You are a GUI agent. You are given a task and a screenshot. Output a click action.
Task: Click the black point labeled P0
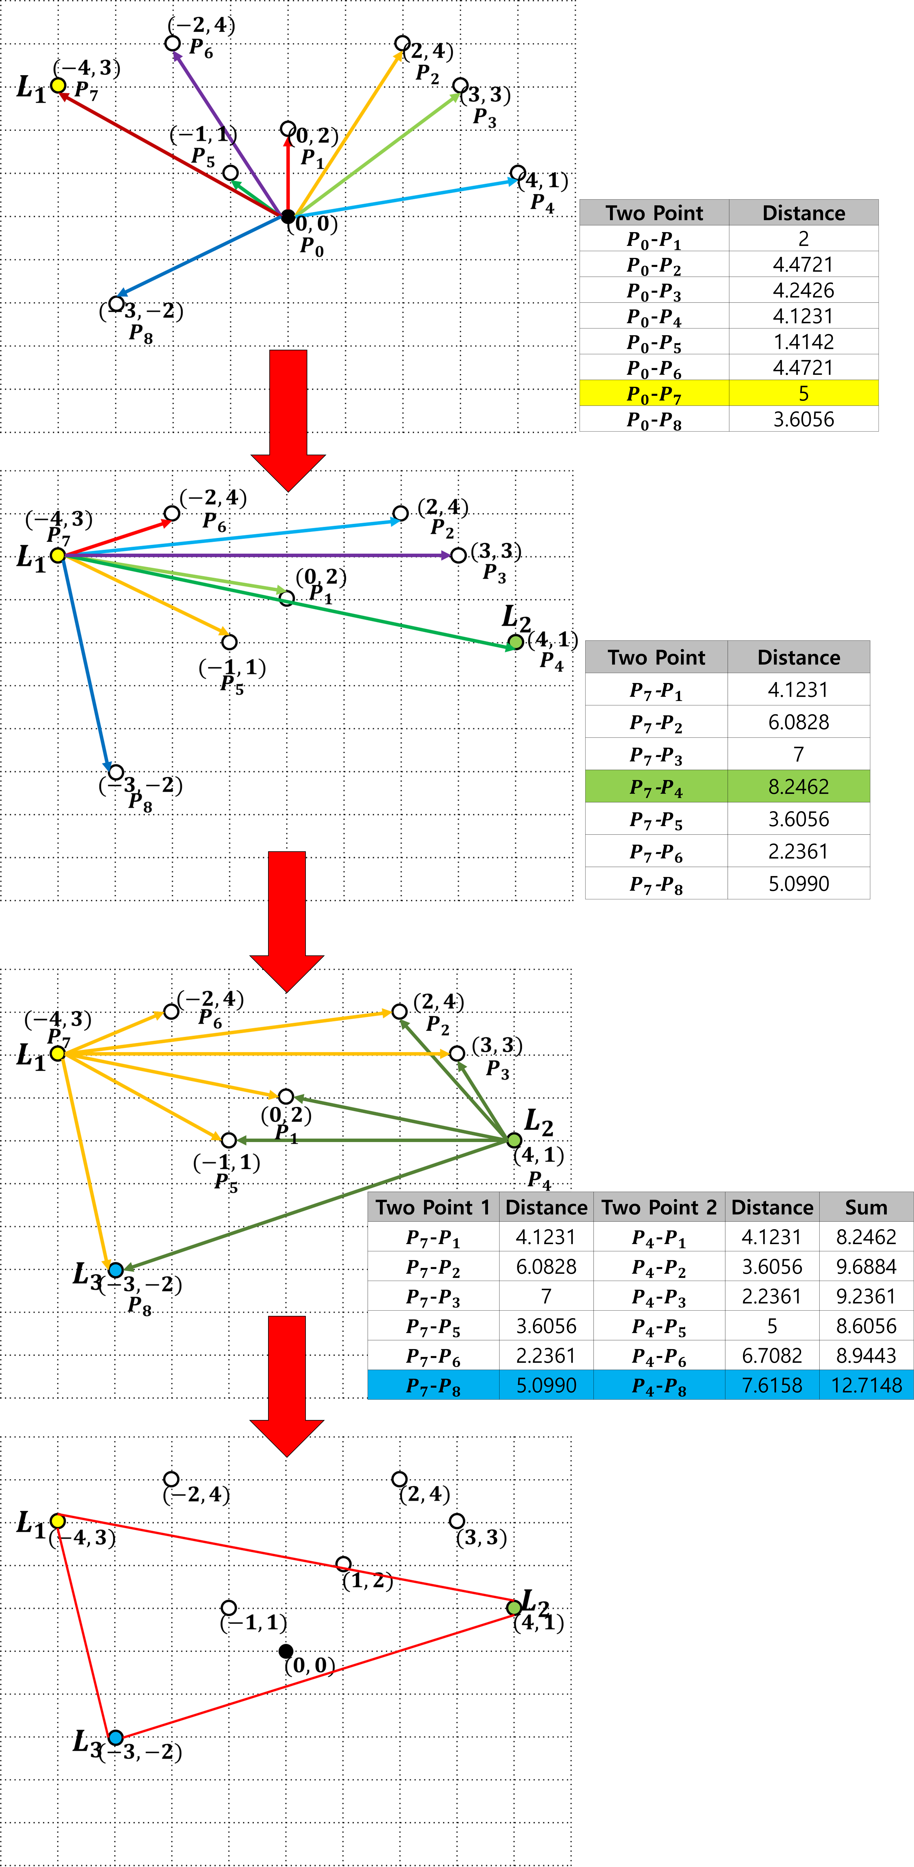(x=288, y=216)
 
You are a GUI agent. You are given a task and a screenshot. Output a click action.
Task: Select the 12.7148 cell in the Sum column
(x=866, y=1385)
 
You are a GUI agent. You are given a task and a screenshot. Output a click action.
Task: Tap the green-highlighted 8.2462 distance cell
(x=799, y=786)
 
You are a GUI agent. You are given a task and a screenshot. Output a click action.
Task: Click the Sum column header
(x=866, y=1207)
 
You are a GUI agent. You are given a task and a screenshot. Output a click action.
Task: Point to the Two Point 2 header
(x=659, y=1207)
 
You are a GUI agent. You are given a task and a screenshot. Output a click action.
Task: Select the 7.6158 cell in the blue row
(x=772, y=1385)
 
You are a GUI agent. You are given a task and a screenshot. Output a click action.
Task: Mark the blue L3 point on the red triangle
(x=115, y=1737)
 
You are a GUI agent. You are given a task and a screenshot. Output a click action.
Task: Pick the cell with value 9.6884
(x=866, y=1266)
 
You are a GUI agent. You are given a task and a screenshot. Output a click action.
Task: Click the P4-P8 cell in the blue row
(x=659, y=1385)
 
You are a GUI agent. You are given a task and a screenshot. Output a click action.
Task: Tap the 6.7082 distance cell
(x=772, y=1355)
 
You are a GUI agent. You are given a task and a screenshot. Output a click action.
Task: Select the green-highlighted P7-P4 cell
(x=656, y=786)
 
